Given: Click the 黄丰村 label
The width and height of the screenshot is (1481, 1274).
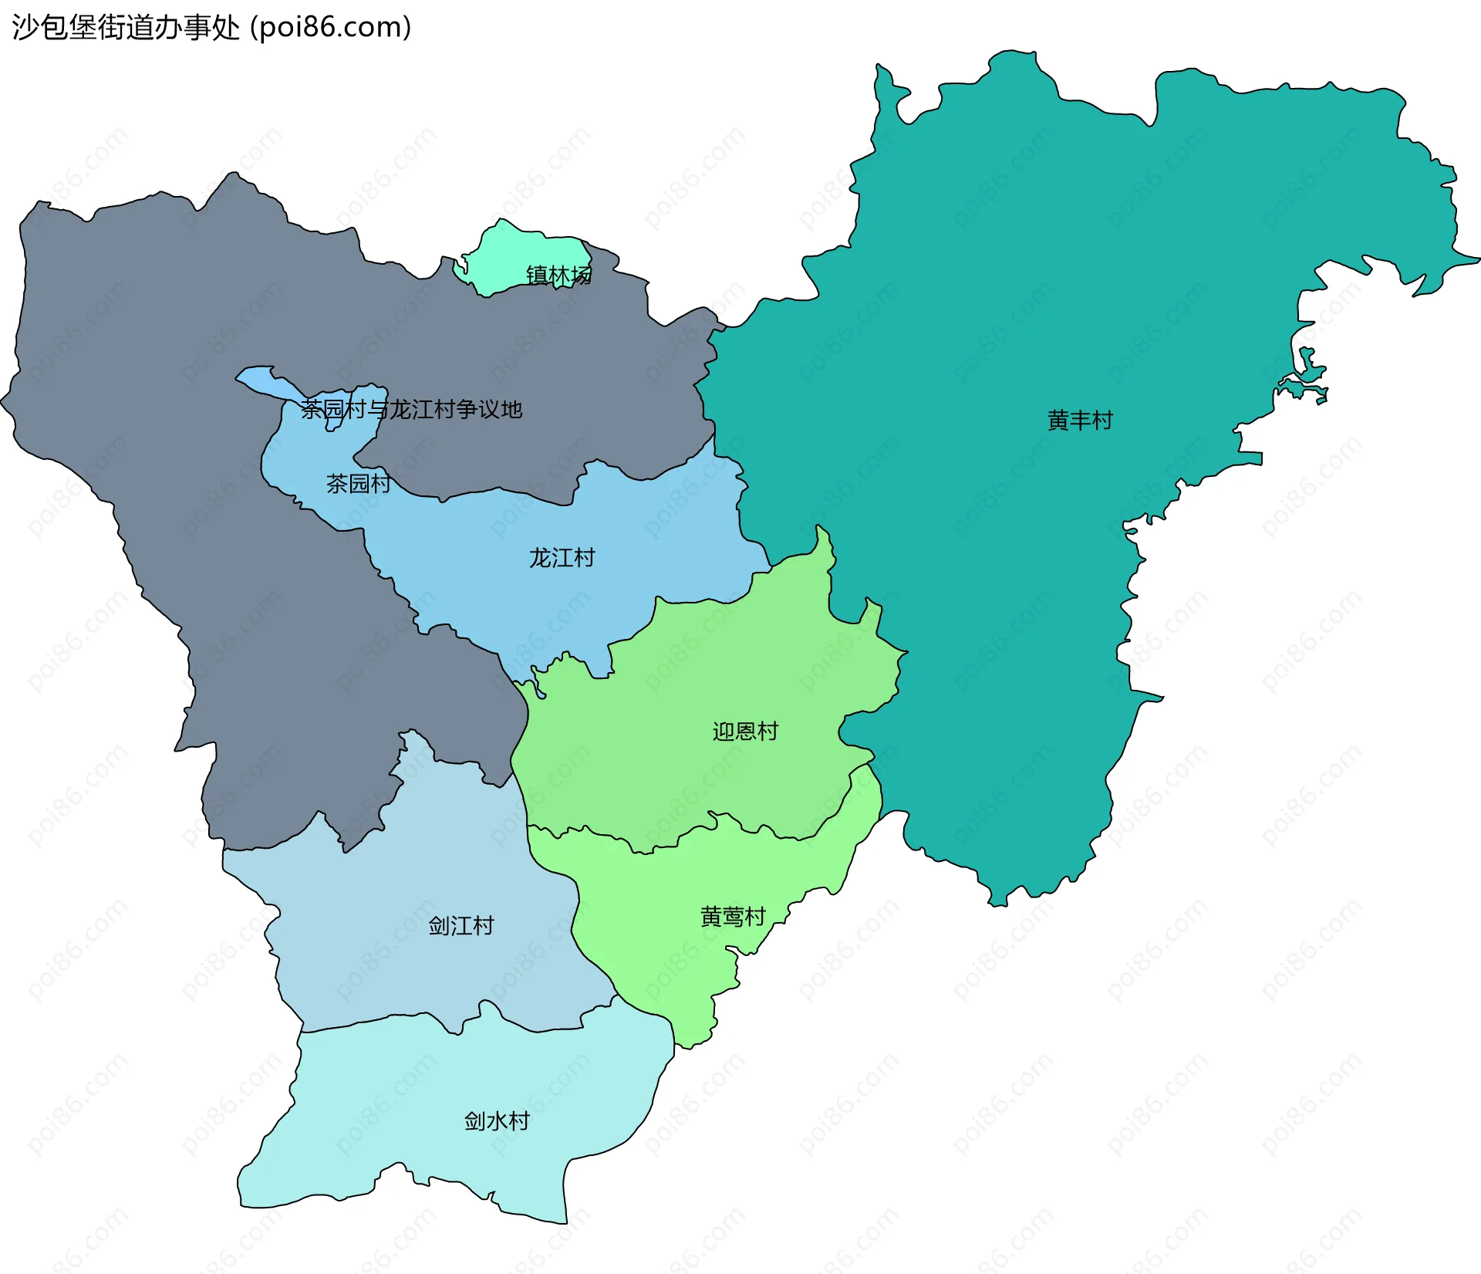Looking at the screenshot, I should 1080,421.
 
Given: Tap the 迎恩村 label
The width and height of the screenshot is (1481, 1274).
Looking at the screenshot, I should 745,731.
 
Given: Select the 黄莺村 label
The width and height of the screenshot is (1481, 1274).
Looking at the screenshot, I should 733,916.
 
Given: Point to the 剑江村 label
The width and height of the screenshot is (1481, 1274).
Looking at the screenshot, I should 461,925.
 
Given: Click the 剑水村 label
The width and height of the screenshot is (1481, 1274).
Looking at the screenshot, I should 497,1120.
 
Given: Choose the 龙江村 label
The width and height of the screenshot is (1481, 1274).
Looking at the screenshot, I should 562,557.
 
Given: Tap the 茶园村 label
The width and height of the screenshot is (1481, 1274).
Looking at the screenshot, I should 358,483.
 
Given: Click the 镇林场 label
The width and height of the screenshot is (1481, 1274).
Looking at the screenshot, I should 558,275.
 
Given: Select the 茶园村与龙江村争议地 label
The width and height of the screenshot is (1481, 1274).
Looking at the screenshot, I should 411,409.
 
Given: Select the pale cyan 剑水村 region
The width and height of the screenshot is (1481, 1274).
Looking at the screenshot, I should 432,1119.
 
